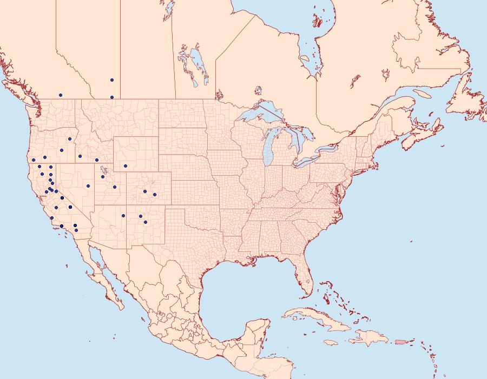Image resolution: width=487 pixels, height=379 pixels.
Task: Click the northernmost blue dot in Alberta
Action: point(112,80)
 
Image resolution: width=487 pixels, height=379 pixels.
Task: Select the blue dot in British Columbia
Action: point(61,95)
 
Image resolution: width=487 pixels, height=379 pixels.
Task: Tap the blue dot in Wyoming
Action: point(125,166)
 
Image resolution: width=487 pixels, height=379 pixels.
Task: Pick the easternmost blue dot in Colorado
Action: point(155,195)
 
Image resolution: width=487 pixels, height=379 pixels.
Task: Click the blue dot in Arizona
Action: point(123,216)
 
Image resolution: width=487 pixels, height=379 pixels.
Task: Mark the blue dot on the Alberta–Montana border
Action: point(112,97)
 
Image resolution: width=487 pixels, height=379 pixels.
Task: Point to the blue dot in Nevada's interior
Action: point(88,186)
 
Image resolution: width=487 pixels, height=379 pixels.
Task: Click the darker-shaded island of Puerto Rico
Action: point(401,342)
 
